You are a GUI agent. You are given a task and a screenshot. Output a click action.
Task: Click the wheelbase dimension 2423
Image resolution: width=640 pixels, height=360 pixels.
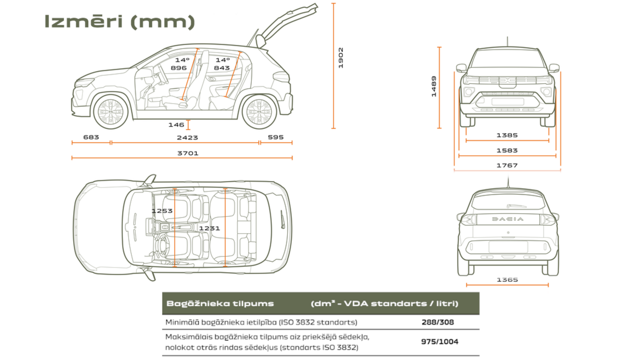[187, 137]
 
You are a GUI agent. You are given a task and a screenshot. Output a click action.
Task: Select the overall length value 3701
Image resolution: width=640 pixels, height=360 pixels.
[187, 153]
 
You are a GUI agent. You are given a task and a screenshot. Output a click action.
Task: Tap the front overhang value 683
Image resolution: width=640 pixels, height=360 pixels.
[91, 137]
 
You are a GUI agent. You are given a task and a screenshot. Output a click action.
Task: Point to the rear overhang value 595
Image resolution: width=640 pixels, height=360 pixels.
[276, 137]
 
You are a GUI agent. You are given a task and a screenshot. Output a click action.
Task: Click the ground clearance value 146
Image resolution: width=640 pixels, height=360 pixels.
[176, 125]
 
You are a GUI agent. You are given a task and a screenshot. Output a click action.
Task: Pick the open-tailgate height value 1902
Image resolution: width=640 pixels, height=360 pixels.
[341, 58]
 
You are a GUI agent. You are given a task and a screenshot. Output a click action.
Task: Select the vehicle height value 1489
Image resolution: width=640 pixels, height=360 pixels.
[434, 86]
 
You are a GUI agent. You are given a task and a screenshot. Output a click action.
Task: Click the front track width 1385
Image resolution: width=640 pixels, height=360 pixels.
[507, 135]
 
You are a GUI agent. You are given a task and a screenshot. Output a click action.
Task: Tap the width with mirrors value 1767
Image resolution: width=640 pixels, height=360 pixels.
[507, 165]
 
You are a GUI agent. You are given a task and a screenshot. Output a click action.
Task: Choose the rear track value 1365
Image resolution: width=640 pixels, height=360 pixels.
[507, 280]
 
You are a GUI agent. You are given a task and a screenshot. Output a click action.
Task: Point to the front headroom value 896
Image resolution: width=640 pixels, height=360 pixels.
[178, 68]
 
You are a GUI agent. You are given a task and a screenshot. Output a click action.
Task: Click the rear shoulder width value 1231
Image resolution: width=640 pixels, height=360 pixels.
[209, 228]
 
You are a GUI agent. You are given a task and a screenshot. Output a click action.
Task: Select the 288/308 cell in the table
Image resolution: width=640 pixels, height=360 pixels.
[437, 322]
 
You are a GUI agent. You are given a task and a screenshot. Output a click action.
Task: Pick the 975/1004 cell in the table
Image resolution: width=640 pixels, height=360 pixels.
[439, 342]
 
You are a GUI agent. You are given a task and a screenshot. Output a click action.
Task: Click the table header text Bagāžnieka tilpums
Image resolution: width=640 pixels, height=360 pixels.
[220, 303]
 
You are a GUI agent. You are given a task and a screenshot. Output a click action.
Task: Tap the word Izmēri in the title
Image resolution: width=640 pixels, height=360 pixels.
[83, 22]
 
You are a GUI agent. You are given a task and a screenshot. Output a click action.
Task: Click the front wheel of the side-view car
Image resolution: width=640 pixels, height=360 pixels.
[111, 112]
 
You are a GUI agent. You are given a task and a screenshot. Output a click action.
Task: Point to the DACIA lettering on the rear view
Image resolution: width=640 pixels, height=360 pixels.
[507, 219]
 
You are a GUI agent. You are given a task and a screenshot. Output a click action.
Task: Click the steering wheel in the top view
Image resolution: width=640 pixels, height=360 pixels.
[163, 244]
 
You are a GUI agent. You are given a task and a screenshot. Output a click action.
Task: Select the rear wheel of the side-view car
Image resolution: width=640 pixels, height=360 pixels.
[259, 112]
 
